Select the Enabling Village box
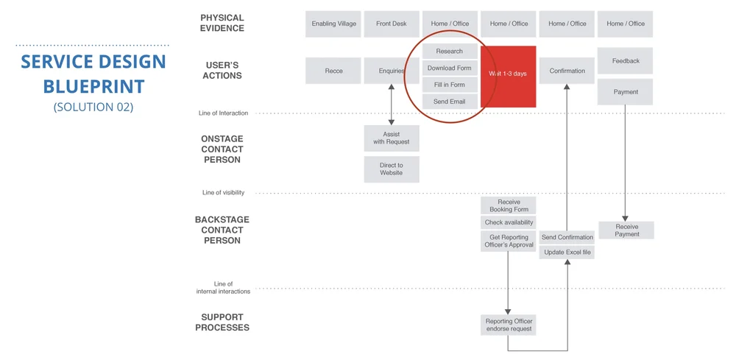[333, 24]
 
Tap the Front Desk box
[391, 24]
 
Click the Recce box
[333, 71]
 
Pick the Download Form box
[449, 68]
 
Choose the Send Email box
[449, 101]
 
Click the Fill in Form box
[449, 85]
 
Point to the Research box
[449, 52]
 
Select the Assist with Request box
[391, 138]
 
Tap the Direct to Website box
[391, 169]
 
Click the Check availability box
[509, 222]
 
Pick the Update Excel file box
[567, 253]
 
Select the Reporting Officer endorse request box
[509, 325]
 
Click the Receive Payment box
[626, 230]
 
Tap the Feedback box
[625, 61]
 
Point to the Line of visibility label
[223, 193]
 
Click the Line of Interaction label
[223, 113]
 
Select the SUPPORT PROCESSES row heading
[222, 322]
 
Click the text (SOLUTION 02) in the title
[93, 107]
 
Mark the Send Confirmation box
[567, 237]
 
